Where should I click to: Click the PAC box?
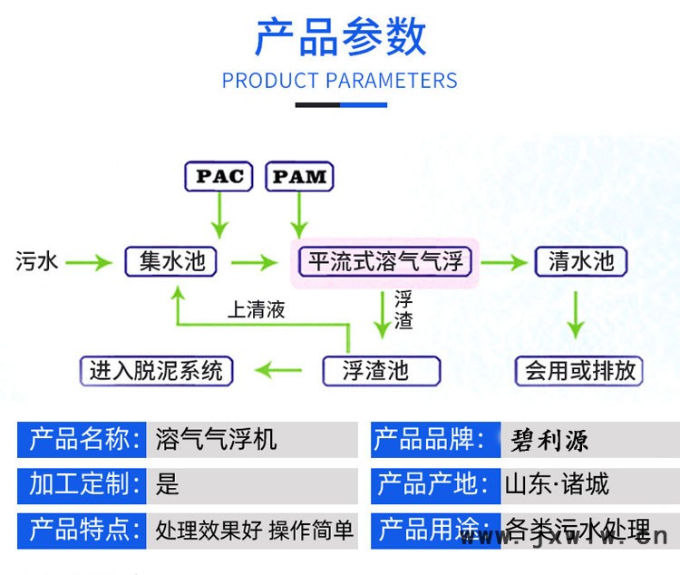pos(219,176)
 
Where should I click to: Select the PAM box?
pos(299,176)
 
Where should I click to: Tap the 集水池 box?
pos(171,262)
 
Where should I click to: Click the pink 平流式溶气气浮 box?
pos(387,262)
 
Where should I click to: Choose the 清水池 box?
pos(581,262)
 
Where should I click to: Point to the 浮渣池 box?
pos(381,370)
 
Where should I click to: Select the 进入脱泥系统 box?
pos(156,370)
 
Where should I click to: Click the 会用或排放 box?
pos(580,370)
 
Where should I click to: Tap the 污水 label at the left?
pos(37,262)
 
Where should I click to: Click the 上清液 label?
pos(256,309)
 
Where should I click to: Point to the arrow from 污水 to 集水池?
pos(88,263)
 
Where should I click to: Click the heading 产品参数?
pos(340,37)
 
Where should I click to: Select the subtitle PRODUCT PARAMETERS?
pos(340,81)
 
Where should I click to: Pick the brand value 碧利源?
pos(549,441)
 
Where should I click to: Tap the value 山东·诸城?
pos(557,484)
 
